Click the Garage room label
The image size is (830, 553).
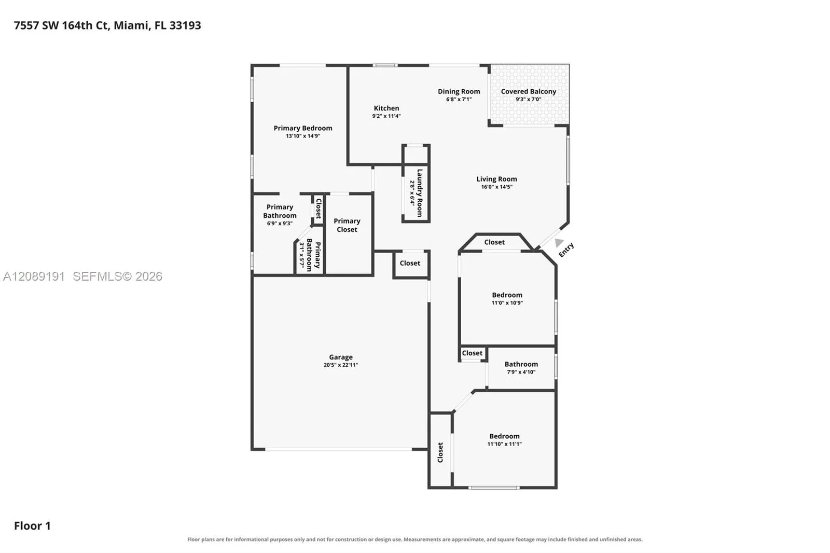340,357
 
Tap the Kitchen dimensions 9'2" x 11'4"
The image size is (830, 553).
386,116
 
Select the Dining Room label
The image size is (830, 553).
459,91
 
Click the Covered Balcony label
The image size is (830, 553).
529,91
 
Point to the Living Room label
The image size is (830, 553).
496,179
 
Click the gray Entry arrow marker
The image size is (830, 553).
559,243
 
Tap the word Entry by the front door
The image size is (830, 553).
566,250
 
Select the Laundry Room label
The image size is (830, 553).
420,193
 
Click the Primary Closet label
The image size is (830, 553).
347,225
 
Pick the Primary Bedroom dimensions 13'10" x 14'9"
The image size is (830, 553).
303,136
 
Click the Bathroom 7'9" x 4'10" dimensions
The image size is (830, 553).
521,372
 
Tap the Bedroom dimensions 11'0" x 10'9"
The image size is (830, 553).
507,303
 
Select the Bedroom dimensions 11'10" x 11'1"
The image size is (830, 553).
504,444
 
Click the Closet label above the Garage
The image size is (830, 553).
410,263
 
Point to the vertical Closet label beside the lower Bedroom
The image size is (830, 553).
440,452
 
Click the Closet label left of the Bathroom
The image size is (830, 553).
472,353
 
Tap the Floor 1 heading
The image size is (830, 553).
32,526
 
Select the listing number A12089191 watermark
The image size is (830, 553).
34,276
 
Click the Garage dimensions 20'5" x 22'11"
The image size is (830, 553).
340,365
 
